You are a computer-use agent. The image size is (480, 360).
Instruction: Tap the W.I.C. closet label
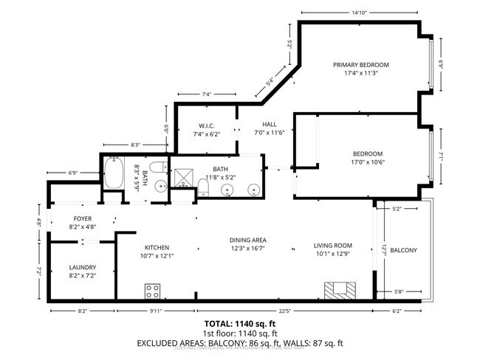coord(206,125)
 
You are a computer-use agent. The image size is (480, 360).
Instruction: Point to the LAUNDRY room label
coord(82,267)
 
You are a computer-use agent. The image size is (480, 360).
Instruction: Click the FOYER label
coord(82,219)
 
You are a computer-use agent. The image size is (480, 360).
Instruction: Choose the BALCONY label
coord(404,250)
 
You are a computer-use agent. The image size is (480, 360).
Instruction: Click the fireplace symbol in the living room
coord(338,290)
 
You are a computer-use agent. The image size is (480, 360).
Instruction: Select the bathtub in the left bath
coord(114,174)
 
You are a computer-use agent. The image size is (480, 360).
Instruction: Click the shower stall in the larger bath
coord(182,178)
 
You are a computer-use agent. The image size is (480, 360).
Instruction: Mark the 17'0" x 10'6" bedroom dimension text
coord(368,162)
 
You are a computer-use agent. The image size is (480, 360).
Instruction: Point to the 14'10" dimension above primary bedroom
coord(360,12)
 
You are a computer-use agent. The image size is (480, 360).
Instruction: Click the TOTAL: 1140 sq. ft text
coord(240,323)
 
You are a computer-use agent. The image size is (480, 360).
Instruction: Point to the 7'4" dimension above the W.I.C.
coord(206,94)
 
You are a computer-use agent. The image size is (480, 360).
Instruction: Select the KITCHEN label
coord(157,247)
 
